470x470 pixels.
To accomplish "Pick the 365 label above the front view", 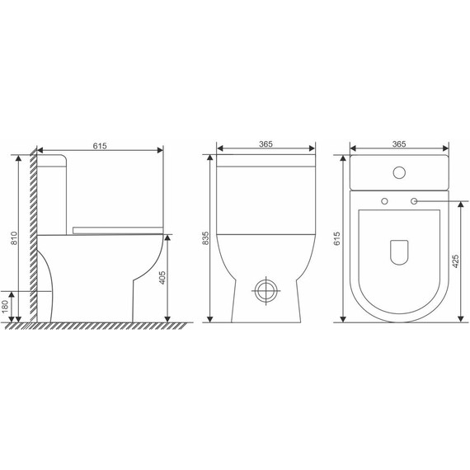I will coord(266,144).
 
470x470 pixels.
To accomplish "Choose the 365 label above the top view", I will coord(400,144).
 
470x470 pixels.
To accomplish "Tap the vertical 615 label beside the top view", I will coord(337,238).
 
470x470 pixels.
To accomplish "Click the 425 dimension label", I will coord(455,262).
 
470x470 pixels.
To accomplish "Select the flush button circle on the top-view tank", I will coord(400,173).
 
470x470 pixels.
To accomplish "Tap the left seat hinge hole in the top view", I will coord(385,201).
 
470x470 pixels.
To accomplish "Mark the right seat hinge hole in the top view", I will coord(414,201).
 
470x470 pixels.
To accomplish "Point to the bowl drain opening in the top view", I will coord(400,252).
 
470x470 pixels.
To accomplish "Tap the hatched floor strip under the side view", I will coord(99,327).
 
